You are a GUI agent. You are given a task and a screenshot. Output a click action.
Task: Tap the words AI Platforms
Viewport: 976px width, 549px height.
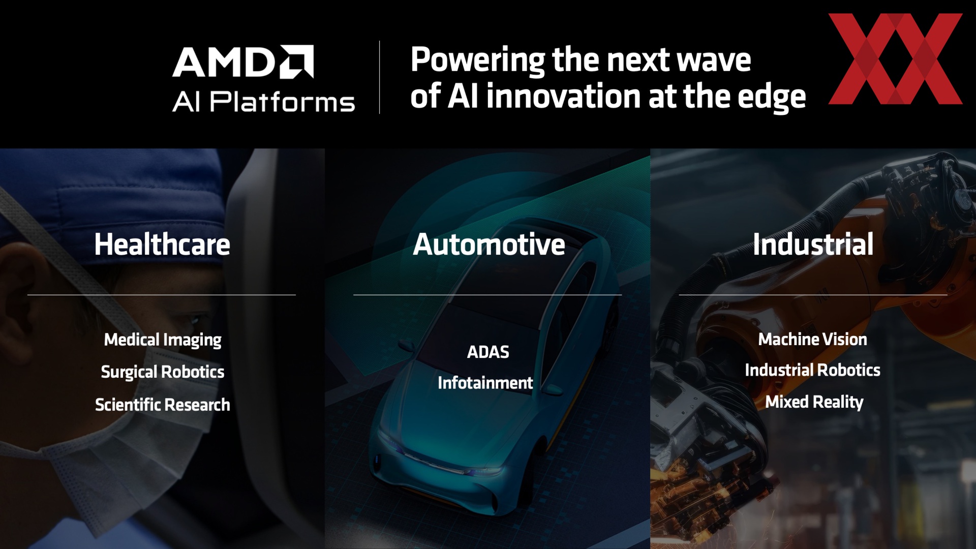tap(263, 102)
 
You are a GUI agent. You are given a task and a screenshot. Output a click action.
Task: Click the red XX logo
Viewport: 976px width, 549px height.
tap(895, 59)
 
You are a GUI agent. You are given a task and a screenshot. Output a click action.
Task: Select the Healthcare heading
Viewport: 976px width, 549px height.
tap(162, 244)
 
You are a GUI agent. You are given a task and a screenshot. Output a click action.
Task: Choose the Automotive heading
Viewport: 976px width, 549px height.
tap(489, 244)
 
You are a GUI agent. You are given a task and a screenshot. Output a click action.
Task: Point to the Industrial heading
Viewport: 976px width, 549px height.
tap(813, 244)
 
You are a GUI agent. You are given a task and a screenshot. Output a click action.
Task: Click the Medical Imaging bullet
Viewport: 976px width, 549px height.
tap(163, 340)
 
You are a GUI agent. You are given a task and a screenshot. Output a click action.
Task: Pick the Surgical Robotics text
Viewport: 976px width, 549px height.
tap(163, 372)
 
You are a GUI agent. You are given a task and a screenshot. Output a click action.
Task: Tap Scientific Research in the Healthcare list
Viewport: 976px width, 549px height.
tap(163, 405)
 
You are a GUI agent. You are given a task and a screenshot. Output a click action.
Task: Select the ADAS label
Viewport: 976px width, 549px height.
tap(488, 352)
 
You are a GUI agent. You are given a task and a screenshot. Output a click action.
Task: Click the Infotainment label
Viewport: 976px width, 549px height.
tap(485, 383)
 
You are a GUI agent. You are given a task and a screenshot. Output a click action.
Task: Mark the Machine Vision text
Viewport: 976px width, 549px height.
tap(813, 340)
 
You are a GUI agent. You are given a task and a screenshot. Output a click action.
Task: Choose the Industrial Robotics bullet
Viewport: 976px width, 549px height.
tap(813, 370)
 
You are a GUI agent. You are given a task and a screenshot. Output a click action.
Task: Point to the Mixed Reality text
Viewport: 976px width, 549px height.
tap(814, 402)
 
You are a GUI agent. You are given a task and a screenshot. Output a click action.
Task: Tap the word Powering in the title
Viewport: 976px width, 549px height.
tap(478, 60)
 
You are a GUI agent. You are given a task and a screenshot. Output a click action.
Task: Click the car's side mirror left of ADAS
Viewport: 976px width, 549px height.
tap(406, 346)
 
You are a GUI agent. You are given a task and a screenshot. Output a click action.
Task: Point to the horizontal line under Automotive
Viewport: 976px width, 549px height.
tap(487, 295)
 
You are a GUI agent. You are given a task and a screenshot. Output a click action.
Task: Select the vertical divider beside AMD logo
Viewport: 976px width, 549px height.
tap(379, 77)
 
